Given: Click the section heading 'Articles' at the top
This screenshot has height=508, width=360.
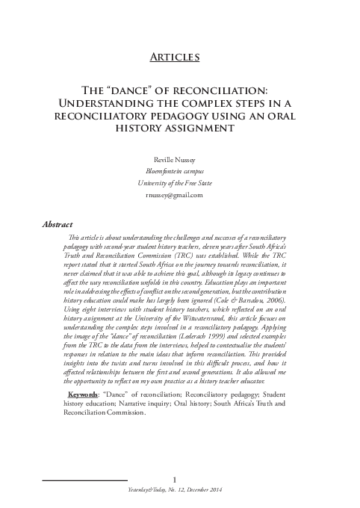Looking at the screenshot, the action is (x=179, y=57).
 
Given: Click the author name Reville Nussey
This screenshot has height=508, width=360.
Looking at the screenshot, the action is (x=179, y=159).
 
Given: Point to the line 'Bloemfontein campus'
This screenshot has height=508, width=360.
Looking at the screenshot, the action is (x=179, y=171).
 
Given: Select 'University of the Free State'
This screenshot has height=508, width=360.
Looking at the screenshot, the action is (x=179, y=183).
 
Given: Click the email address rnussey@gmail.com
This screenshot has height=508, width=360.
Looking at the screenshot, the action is (x=179, y=195).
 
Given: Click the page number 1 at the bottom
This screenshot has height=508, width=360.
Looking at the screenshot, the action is (x=174, y=479).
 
